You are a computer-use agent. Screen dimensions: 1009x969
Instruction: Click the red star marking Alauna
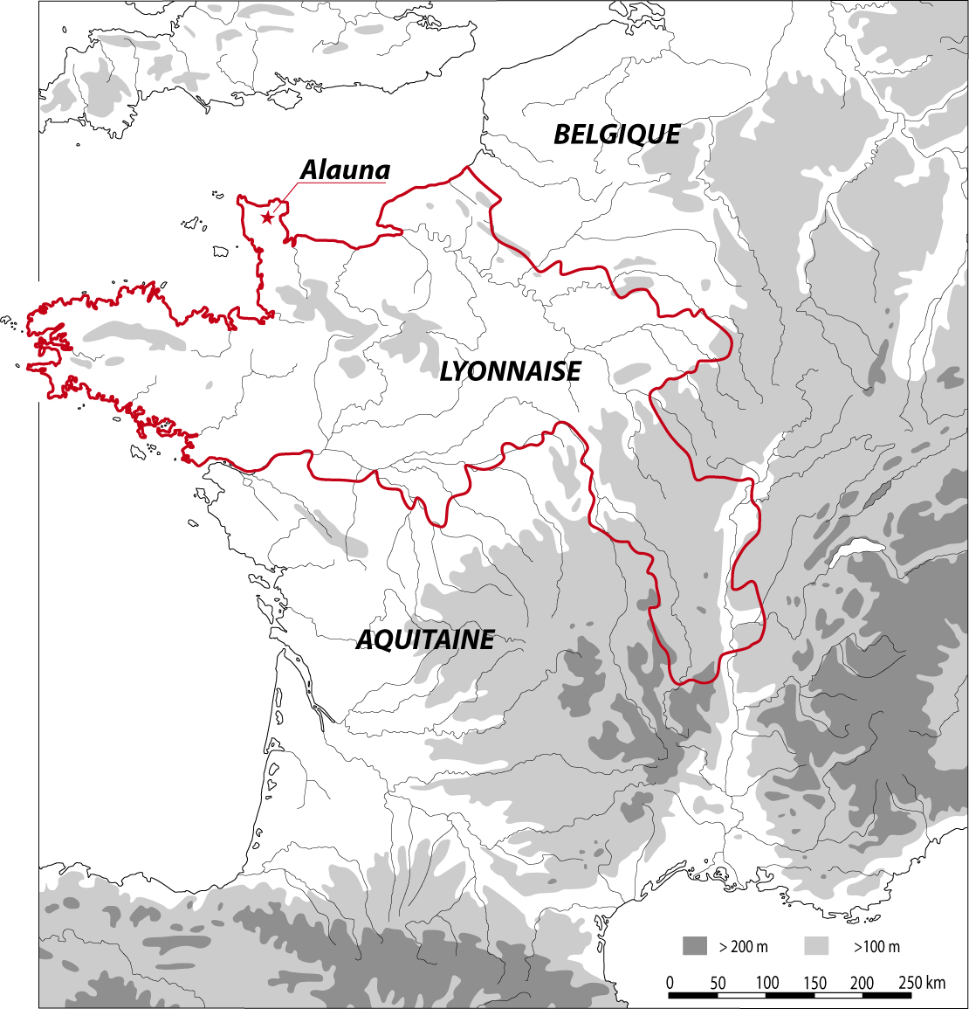(x=267, y=218)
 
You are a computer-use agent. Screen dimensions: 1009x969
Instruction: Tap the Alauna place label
(x=345, y=170)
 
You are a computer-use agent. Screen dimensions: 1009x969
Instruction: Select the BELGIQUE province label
(x=617, y=135)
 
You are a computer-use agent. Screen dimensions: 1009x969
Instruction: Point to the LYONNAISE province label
(x=510, y=371)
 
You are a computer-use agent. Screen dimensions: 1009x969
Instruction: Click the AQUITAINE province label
(x=425, y=639)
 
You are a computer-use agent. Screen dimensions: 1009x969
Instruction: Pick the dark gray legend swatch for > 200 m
(x=695, y=946)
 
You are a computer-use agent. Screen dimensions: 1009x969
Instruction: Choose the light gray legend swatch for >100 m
(x=815, y=946)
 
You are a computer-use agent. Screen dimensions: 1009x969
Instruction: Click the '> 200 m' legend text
(x=743, y=947)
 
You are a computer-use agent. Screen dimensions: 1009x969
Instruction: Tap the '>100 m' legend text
(x=876, y=947)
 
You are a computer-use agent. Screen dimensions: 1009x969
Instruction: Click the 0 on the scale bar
(x=670, y=983)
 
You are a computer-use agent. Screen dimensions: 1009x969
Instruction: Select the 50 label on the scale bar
(x=718, y=983)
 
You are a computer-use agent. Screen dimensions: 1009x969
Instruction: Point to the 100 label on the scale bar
(x=766, y=983)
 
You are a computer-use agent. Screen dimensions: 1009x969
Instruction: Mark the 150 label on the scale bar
(x=814, y=983)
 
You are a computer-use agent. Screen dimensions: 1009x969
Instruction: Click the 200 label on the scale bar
(x=862, y=983)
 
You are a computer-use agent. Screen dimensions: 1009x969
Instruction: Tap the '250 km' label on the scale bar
(x=921, y=983)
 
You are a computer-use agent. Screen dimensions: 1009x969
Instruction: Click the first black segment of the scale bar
(x=693, y=995)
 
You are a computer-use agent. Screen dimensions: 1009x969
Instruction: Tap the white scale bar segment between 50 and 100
(x=742, y=995)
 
